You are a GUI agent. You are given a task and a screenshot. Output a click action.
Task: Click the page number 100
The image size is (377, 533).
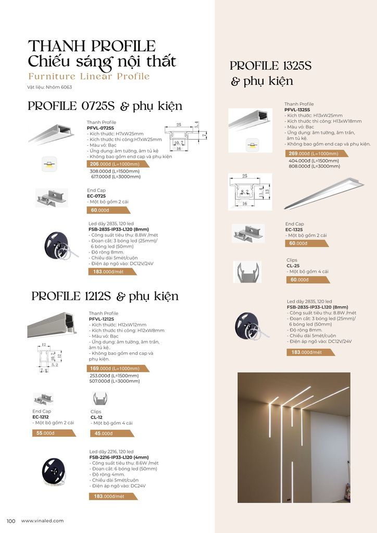(10, 521)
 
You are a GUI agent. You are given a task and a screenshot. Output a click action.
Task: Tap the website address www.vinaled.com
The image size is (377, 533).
(42, 521)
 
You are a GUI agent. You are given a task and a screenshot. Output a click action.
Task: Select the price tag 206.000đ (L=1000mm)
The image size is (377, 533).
(116, 164)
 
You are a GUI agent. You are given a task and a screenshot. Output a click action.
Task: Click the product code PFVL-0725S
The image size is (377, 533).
(100, 128)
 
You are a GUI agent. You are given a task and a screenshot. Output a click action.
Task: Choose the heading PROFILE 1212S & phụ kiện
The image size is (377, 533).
(105, 296)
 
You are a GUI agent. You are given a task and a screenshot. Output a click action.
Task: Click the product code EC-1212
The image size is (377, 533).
(41, 416)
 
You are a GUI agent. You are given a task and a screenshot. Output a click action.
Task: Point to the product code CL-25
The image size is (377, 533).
(294, 265)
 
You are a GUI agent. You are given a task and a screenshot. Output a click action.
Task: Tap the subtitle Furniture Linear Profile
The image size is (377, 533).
(89, 77)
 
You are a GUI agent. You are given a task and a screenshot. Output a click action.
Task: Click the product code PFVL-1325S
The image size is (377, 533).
(297, 110)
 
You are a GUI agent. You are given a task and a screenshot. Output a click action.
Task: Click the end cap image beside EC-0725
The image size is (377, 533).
(52, 197)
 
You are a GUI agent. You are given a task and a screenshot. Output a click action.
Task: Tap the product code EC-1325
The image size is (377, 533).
(295, 229)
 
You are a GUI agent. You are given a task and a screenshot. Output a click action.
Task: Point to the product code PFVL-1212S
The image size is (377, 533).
(102, 319)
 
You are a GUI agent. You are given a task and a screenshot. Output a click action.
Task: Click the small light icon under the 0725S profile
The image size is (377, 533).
(49, 164)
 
